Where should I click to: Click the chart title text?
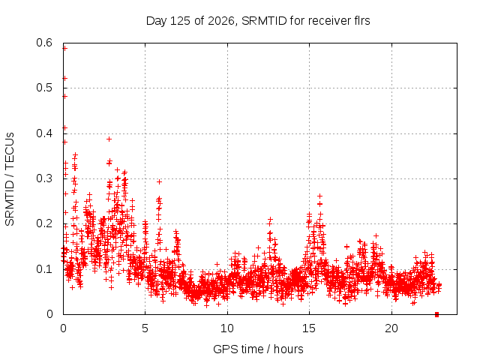pos(258,21)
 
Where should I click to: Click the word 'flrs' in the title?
pos(361,21)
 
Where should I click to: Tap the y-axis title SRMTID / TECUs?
pos(10,179)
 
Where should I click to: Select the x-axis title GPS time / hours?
pos(258,349)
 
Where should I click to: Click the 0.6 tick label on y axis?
pos(44,43)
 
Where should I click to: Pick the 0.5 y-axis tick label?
pos(44,88)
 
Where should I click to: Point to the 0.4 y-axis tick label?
pos(44,133)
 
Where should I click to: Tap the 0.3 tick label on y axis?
pos(44,178)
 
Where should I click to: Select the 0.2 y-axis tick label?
pos(44,223)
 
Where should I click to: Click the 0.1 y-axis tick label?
pos(44,269)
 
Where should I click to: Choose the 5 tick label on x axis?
pos(145,328)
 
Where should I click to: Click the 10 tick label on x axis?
pos(227,328)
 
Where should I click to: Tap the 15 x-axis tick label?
pos(309,328)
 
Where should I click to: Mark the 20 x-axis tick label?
pos(391,328)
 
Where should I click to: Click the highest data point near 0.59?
pos(64,48)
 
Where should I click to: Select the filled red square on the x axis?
pos(436,314)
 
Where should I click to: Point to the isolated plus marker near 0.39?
pos(109,139)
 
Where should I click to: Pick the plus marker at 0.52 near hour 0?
pos(64,78)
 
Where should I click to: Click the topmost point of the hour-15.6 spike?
pos(320,196)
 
